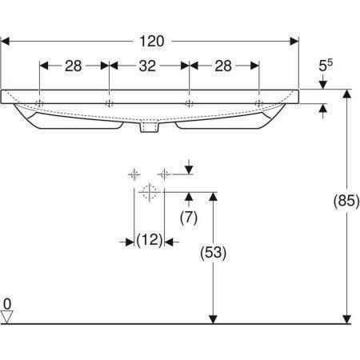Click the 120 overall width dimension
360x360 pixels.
point(152,42)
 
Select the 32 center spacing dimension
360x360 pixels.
point(147,66)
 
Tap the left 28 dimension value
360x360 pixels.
point(74,66)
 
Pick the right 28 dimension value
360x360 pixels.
point(223,66)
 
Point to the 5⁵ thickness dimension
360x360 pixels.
point(326,66)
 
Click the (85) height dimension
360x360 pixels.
point(346,201)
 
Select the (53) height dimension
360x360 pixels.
point(214,252)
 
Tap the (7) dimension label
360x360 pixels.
point(189,218)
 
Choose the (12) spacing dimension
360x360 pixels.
point(150,240)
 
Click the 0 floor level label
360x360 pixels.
point(7,304)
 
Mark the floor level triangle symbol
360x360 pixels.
point(6,317)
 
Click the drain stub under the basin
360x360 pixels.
point(150,126)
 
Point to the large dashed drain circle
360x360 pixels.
point(150,192)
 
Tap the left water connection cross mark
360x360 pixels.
point(134,174)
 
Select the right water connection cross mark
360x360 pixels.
point(164,174)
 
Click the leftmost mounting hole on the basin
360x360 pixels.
point(39,103)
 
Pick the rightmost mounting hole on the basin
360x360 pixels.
point(259,103)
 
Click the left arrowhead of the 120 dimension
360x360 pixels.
point(6,42)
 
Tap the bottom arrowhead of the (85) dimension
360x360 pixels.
point(346,319)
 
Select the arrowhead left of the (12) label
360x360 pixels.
point(130,242)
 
